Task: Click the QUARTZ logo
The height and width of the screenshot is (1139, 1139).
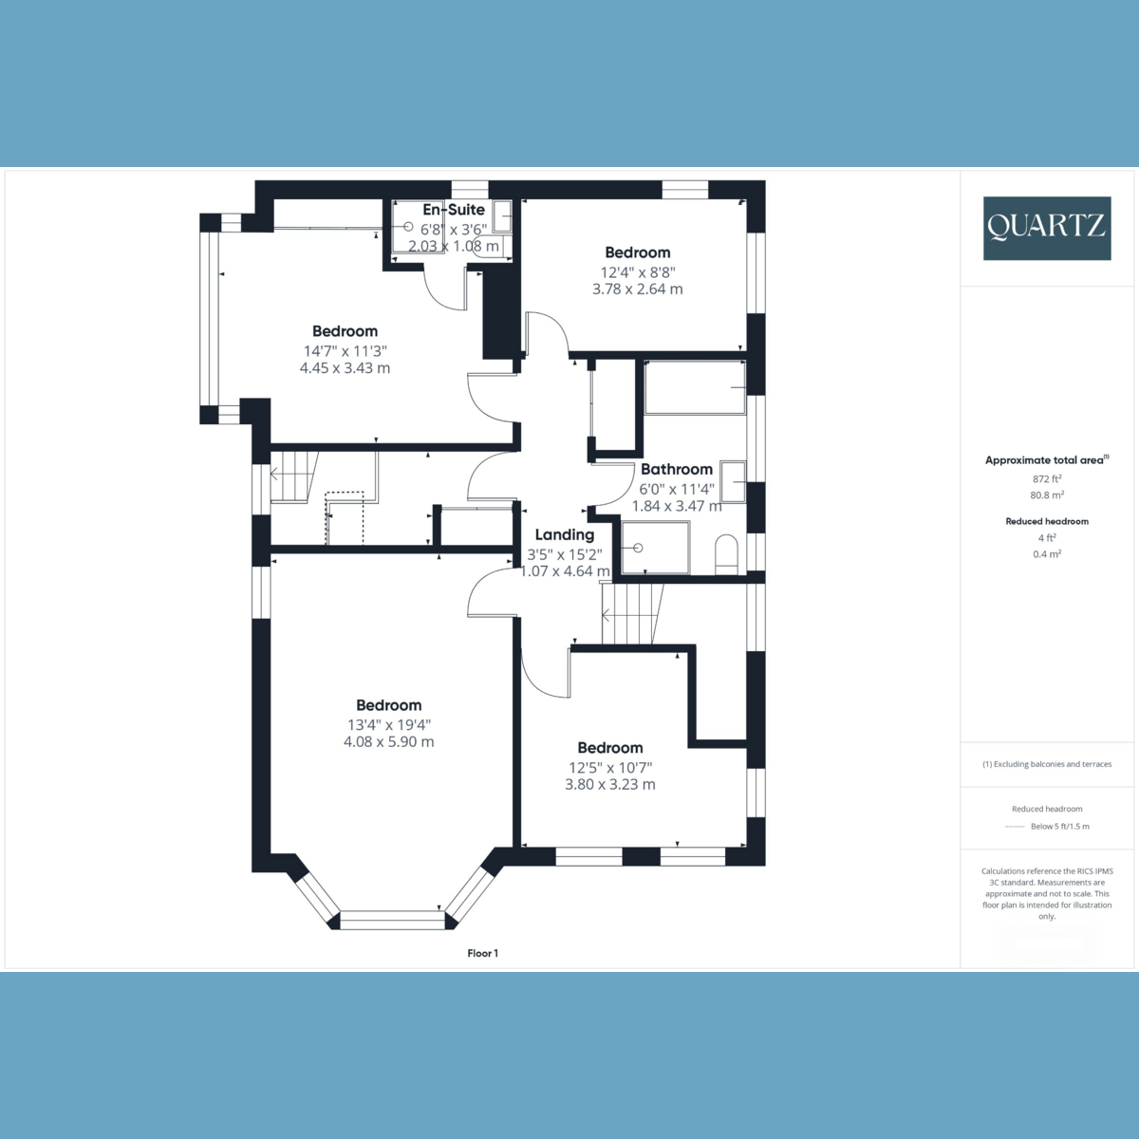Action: [x=1046, y=228]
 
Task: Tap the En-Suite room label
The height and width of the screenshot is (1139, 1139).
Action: [x=454, y=210]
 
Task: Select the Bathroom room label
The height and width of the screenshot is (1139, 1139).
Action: [x=676, y=469]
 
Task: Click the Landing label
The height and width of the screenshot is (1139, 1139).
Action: [x=564, y=534]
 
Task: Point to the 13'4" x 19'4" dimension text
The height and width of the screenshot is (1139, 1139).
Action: [x=388, y=724]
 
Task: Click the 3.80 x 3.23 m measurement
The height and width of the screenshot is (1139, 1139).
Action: [x=610, y=784]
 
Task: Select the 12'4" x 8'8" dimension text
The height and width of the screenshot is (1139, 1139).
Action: [x=637, y=271]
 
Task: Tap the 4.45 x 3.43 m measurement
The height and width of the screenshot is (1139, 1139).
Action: [x=345, y=367]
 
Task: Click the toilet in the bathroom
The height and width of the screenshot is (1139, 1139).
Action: [x=726, y=553]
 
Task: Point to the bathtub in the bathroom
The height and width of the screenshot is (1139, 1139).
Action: [x=694, y=387]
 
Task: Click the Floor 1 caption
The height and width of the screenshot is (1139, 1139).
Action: [x=482, y=953]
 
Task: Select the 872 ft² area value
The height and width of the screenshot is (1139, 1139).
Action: [x=1047, y=479]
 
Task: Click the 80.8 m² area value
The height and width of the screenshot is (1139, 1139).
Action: [x=1047, y=495]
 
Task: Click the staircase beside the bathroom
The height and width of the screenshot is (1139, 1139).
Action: [x=631, y=614]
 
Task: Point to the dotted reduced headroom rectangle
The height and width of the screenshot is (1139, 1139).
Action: [x=345, y=517]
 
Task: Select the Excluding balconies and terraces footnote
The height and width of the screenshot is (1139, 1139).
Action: [x=1046, y=764]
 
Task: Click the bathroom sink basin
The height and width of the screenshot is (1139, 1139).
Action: [x=733, y=480]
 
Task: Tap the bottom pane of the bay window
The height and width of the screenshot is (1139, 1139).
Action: [x=392, y=919]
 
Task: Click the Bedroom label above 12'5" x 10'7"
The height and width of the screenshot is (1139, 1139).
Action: [x=609, y=748]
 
